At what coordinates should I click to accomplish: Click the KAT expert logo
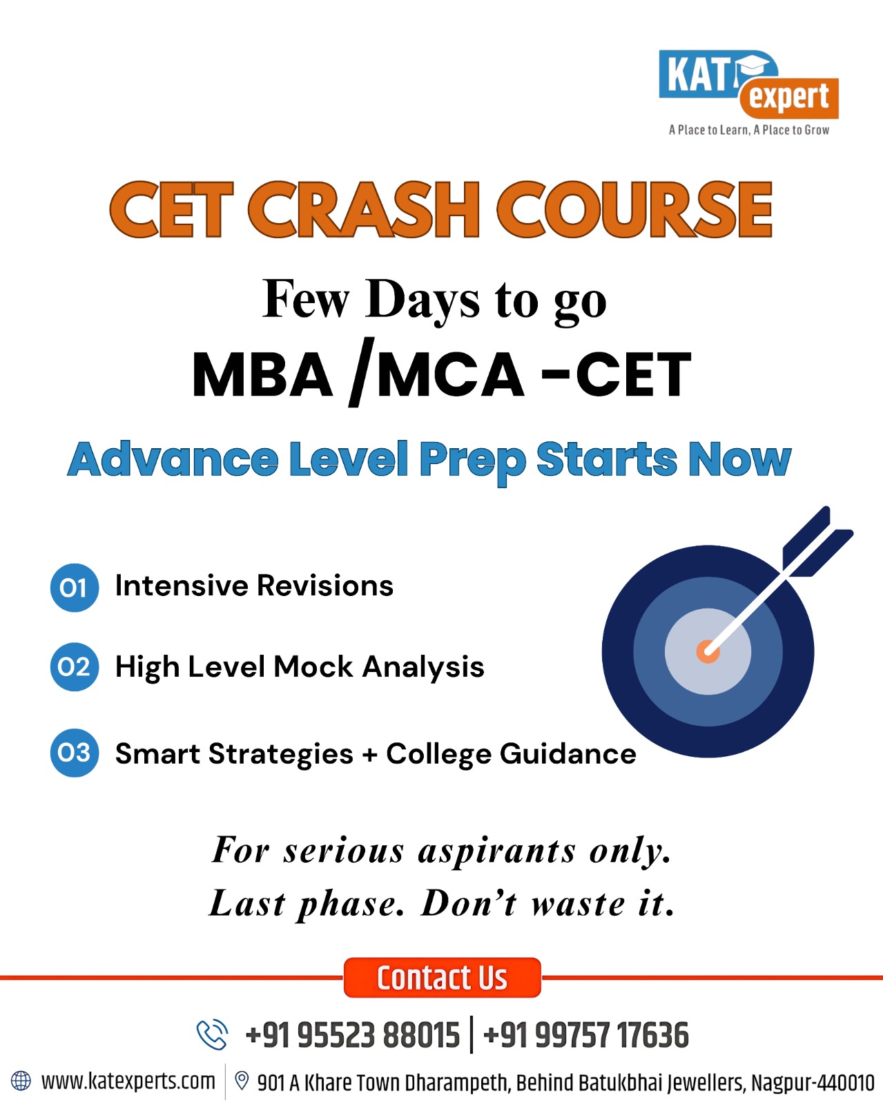(748, 84)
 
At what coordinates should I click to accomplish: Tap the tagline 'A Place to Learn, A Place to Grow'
(748, 130)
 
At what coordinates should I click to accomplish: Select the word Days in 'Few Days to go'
(423, 300)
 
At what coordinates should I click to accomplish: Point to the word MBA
(262, 375)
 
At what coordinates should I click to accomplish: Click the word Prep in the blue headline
(472, 460)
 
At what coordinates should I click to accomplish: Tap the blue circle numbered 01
(74, 588)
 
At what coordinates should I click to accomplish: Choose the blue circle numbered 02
(74, 667)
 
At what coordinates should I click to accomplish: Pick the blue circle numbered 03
(74, 753)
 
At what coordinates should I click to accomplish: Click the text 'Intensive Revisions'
(254, 586)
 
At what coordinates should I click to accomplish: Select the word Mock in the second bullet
(313, 667)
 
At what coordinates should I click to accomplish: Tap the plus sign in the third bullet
(370, 754)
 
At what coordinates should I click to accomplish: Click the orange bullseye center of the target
(707, 651)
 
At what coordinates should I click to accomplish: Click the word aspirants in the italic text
(496, 850)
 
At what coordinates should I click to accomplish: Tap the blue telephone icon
(212, 1035)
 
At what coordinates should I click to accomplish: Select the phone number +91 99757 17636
(586, 1035)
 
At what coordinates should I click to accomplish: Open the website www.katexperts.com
(128, 1081)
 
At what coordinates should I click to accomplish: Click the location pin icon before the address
(242, 1080)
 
